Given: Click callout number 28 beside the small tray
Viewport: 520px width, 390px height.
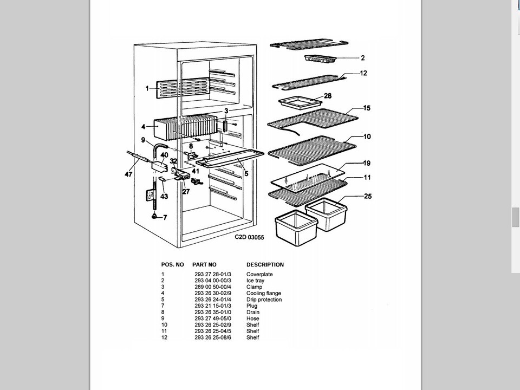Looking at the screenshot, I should coord(327,96).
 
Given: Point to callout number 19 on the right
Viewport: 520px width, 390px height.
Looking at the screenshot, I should coord(367,163).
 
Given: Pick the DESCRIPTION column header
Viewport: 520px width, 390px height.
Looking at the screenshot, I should coord(265,265).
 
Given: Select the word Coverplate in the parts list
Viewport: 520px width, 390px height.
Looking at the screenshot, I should coord(259,275).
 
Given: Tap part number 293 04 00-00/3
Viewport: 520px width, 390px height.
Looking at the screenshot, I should coord(213,281).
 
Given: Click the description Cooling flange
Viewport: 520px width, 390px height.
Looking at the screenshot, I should coord(264,294).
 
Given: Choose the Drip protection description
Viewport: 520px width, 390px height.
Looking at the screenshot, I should coord(264,300).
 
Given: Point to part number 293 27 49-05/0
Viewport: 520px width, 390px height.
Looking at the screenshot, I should coord(213,318).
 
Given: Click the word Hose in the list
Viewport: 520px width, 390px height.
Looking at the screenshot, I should coord(252,318).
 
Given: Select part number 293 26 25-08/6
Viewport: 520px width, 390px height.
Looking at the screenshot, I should coord(213,337).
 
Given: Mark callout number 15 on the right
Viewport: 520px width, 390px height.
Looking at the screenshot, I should coord(367,109).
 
